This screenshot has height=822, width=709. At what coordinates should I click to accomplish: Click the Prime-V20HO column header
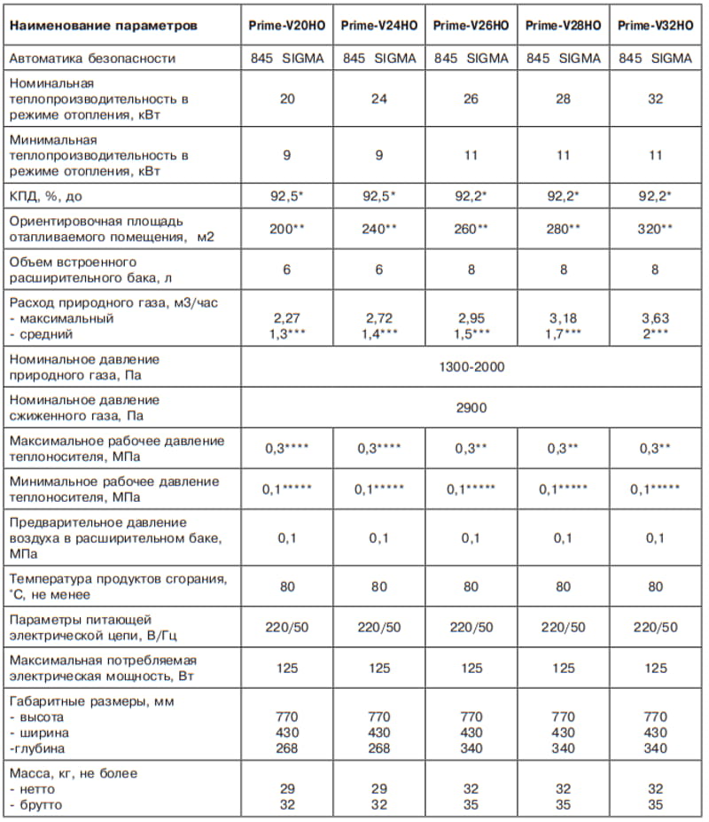point(287,26)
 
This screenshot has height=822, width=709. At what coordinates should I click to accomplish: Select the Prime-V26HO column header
point(471,26)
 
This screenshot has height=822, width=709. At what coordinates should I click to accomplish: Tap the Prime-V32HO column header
point(655,26)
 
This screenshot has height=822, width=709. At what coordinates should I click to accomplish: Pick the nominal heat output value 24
point(378,98)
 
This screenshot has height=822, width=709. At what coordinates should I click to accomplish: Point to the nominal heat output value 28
point(563,98)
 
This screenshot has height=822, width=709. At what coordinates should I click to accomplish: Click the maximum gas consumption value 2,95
point(471,318)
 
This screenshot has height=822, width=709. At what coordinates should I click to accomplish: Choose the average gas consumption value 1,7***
point(563,333)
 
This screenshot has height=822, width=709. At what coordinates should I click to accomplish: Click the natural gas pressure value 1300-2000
point(471,366)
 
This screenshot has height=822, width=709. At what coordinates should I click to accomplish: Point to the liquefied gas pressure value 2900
point(471,408)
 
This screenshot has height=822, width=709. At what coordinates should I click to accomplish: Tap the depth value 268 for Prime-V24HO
point(378,748)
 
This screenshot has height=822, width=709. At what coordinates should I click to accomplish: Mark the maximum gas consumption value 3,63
point(655,318)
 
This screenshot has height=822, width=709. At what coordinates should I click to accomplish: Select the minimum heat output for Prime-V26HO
point(471,155)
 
